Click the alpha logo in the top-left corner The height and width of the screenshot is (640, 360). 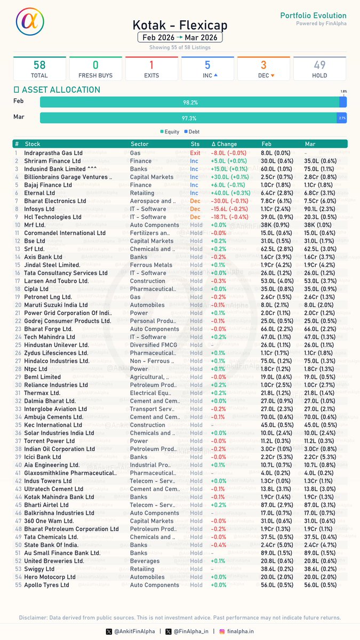30,23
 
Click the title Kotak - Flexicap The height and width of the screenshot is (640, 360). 180,25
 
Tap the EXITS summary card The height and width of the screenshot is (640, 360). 151,69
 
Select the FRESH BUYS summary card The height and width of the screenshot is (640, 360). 95,69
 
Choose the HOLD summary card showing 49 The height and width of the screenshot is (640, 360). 319,69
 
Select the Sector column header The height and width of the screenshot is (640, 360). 140,144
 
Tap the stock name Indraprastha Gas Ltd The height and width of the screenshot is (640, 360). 53,153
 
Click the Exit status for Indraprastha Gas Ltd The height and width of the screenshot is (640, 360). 195,153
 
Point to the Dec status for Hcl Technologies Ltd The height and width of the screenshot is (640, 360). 195,217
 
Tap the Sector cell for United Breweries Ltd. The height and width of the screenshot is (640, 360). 145,561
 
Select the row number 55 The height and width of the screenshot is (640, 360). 18,585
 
